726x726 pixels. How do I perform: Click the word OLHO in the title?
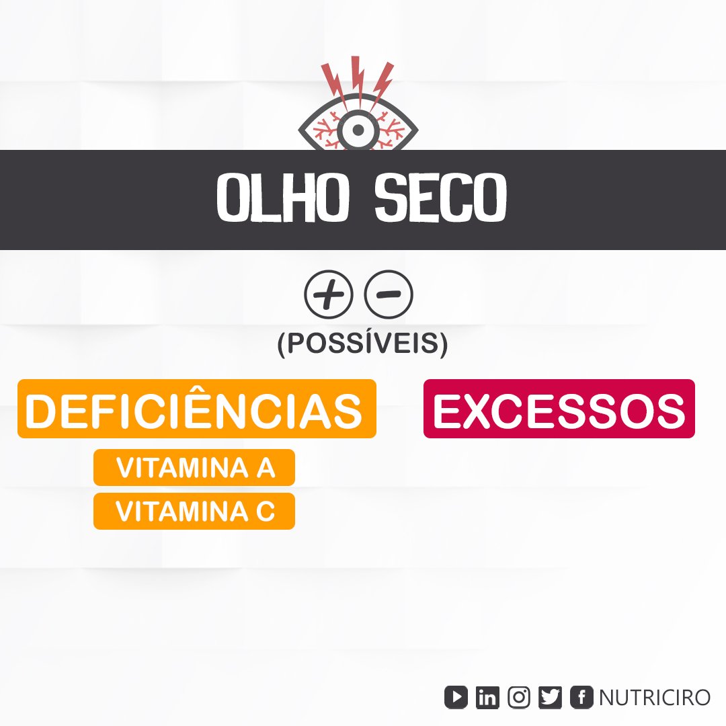pos(282,198)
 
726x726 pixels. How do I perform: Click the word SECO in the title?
pos(441,198)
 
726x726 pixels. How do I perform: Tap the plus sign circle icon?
pos(328,294)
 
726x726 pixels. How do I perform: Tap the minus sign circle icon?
pos(389,294)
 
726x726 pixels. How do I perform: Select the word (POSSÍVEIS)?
pos(362,343)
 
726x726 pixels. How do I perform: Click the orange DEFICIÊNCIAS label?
pos(197,409)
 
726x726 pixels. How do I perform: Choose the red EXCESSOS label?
pos(559,409)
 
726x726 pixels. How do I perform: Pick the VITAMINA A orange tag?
pos(194,467)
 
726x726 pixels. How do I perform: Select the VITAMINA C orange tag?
pos(194,511)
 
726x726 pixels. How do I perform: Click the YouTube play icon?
pos(456,697)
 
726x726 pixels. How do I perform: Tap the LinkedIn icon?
pos(487,697)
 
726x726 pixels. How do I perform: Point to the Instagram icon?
pos(519,697)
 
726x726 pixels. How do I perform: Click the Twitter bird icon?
pos(550,697)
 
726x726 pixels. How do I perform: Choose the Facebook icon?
pos(581,697)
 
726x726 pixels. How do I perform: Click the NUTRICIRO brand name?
pos(655,697)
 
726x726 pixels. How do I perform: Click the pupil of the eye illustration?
pos(358,130)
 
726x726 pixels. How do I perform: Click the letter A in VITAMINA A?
pos(266,468)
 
